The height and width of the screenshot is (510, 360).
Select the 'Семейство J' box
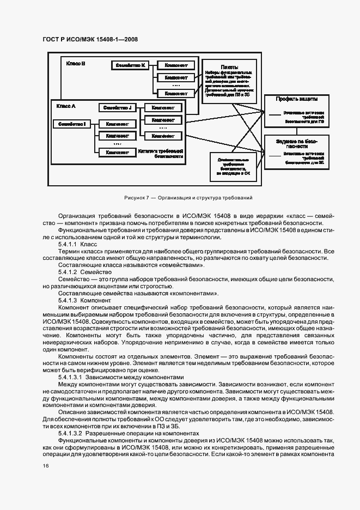(117, 107)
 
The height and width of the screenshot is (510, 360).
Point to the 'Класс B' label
(76, 64)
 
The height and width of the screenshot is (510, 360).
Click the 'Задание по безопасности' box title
(296, 143)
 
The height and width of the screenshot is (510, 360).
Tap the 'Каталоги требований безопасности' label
(160, 153)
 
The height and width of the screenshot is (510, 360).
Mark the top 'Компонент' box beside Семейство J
(163, 107)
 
